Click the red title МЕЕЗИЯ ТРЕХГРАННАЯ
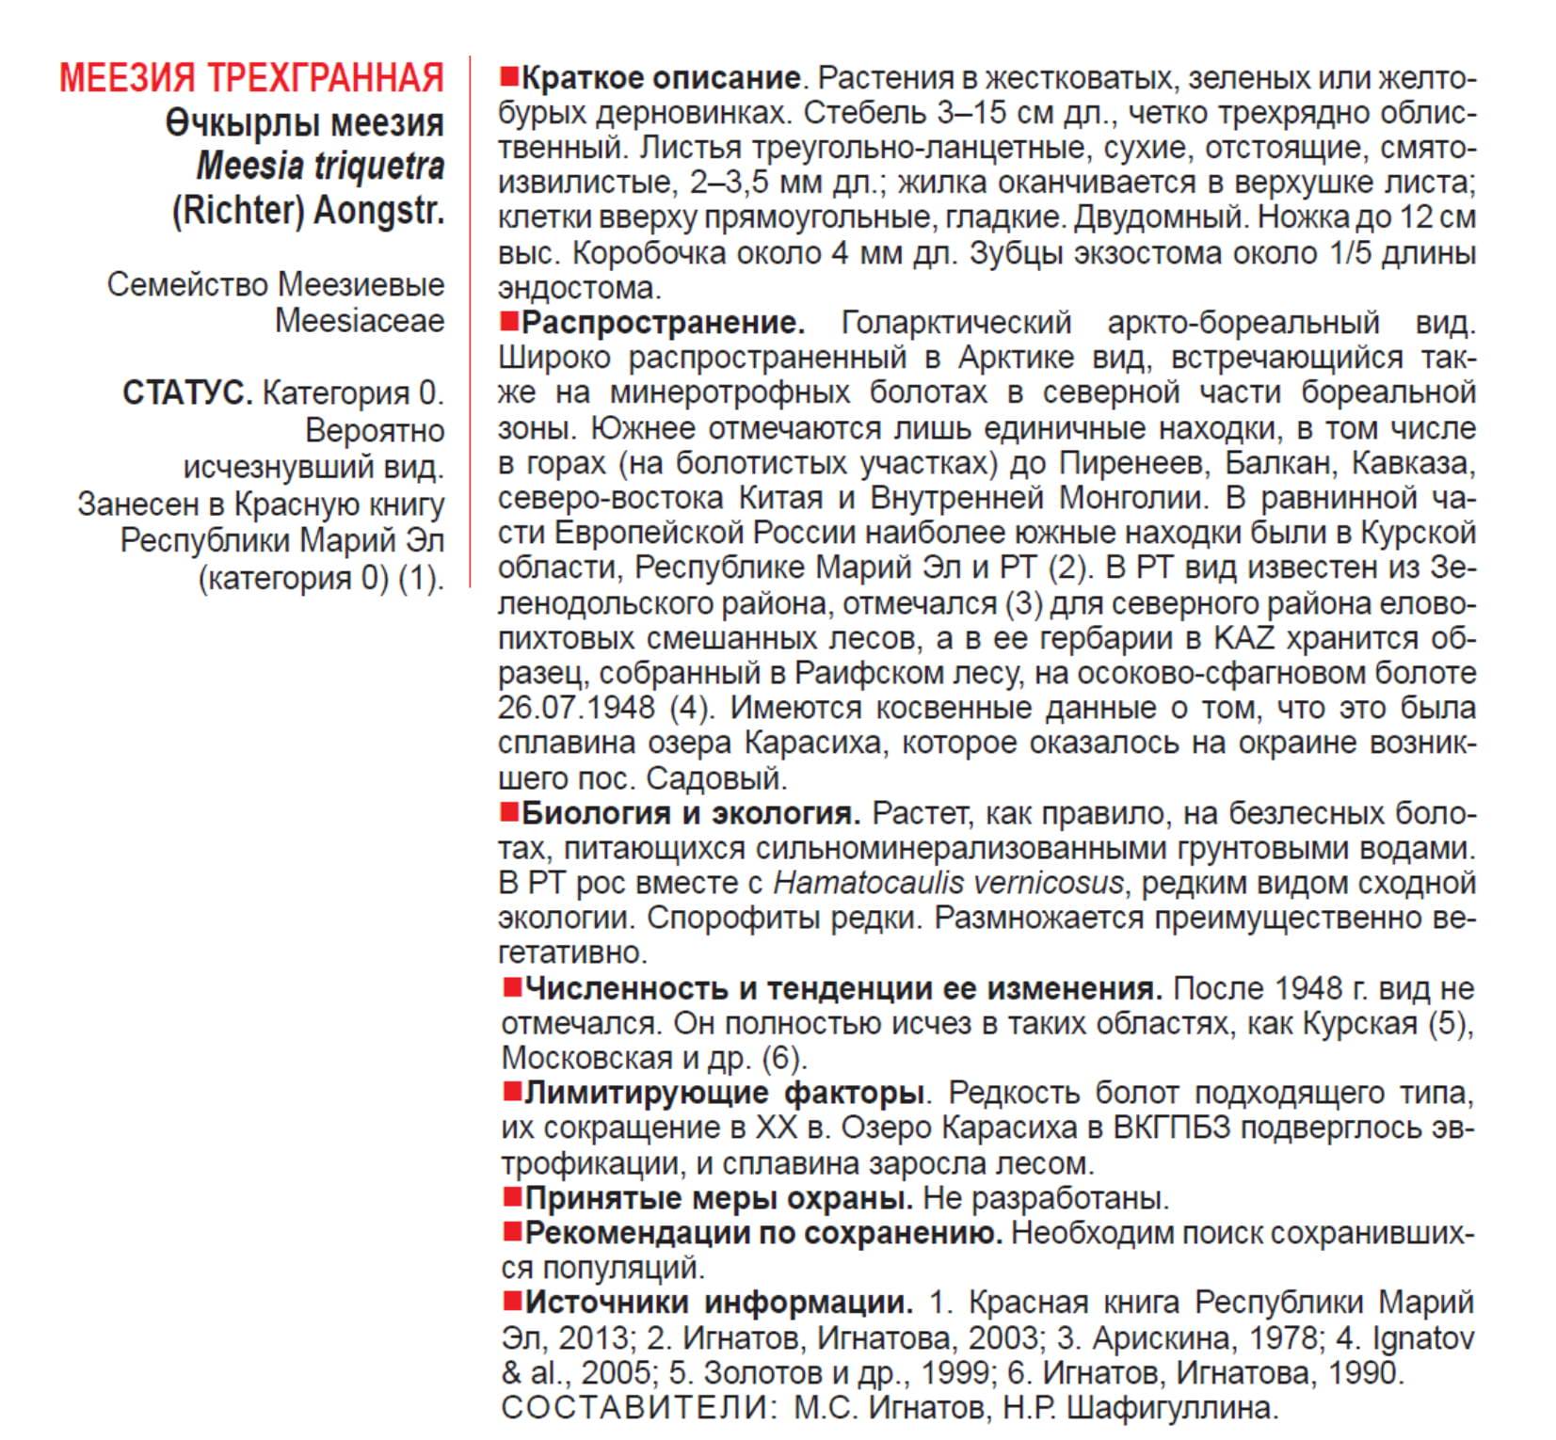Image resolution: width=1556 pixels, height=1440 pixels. (251, 77)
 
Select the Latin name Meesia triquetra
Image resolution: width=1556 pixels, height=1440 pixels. (320, 167)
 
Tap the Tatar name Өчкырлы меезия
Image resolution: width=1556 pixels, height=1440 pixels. (304, 122)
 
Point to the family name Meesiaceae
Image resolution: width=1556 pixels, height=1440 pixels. (360, 321)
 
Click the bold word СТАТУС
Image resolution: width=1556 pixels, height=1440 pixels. (187, 393)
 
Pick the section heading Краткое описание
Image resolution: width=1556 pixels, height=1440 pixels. (661, 77)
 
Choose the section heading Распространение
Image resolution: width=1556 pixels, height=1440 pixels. (663, 323)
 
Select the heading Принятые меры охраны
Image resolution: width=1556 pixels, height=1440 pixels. (719, 1198)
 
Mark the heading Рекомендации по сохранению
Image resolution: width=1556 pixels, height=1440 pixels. (763, 1233)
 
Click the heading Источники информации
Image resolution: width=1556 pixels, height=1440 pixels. (719, 1303)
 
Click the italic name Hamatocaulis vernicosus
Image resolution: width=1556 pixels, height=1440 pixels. (948, 883)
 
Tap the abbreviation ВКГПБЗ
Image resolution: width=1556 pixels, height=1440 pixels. (1172, 1128)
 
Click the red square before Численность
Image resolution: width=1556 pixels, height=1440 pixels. (512, 987)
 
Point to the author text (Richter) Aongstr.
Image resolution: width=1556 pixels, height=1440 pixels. (308, 211)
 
